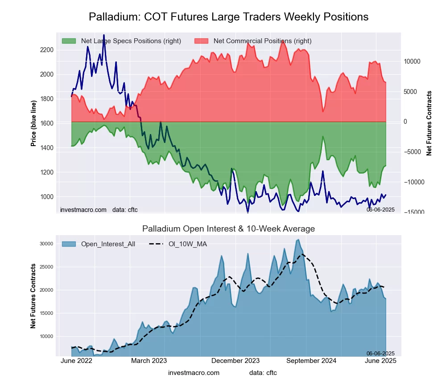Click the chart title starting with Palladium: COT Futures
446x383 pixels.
(228, 17)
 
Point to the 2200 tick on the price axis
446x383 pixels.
(47, 50)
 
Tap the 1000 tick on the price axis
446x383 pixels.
(47, 197)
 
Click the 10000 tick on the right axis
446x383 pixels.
(413, 61)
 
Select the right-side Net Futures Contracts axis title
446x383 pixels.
(429, 123)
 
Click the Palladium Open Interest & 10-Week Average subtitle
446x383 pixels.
(228, 229)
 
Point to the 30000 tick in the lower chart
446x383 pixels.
(47, 244)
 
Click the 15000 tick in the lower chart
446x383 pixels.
(47, 313)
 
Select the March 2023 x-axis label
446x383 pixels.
(149, 361)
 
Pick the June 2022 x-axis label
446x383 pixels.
(76, 361)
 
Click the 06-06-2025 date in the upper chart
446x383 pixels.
(380, 210)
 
